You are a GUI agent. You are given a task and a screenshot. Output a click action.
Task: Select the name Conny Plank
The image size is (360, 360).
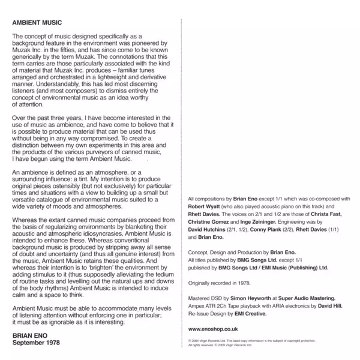click(265, 229)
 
